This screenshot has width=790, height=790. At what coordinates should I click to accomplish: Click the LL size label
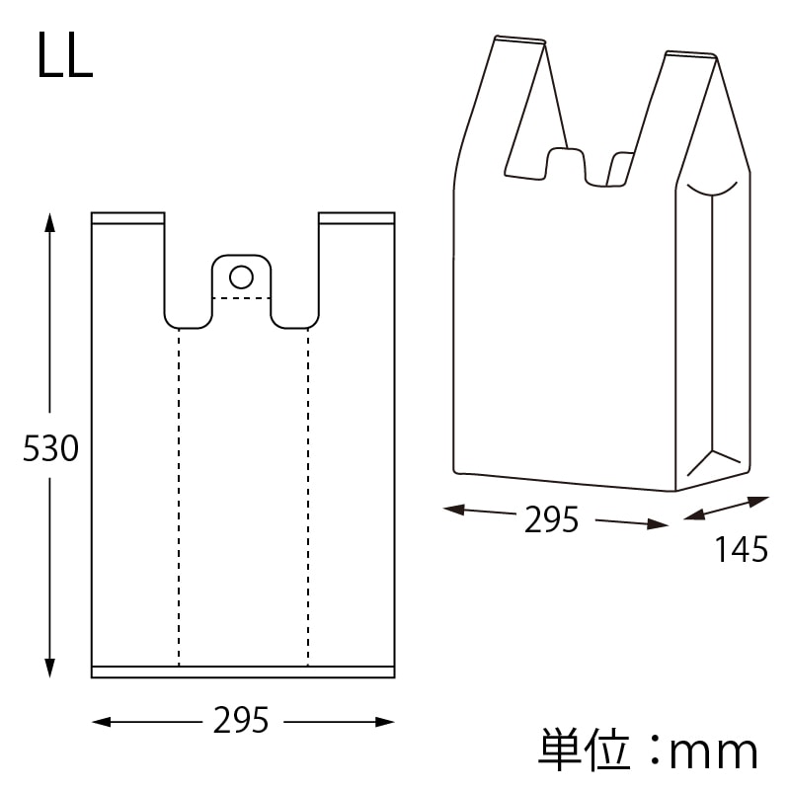[x=65, y=56]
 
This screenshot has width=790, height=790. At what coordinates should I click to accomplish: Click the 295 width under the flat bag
[x=242, y=722]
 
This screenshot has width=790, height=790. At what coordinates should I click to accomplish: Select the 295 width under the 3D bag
[x=551, y=519]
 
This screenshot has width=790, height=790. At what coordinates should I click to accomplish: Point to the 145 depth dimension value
[x=741, y=550]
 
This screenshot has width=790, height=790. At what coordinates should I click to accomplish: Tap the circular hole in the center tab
[x=241, y=275]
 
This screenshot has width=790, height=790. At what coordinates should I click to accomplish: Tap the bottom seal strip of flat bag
[x=242, y=671]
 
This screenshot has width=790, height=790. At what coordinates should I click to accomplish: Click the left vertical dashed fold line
[x=179, y=494]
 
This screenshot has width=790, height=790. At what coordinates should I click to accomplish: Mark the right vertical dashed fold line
[x=308, y=494]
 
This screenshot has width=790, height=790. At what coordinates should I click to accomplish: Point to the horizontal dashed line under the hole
[x=242, y=297]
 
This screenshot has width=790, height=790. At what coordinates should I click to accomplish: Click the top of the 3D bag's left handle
[x=519, y=40]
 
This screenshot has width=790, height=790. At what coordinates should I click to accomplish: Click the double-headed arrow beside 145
[x=726, y=510]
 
